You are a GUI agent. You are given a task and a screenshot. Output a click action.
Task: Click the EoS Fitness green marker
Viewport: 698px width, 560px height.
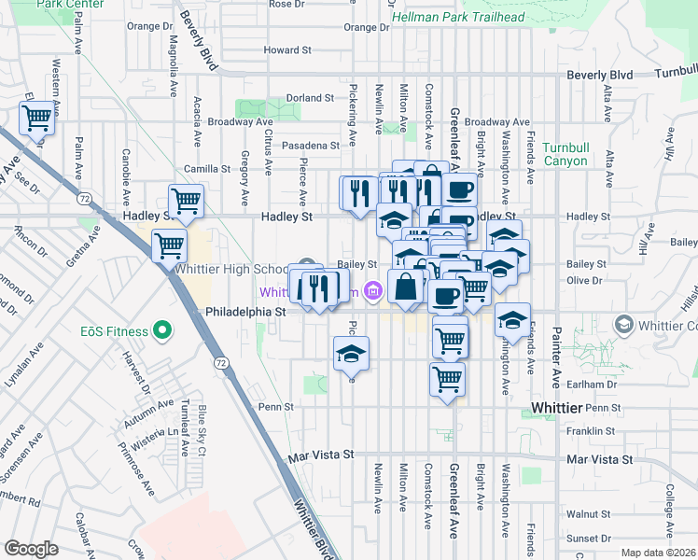[x=162, y=329]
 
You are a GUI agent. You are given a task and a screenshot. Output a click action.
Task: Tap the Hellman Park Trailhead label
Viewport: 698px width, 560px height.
[x=458, y=17]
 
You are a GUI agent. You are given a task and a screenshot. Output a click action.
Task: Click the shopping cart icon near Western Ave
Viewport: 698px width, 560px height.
[x=36, y=119]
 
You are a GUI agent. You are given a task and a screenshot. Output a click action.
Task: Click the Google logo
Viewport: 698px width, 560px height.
[x=31, y=549]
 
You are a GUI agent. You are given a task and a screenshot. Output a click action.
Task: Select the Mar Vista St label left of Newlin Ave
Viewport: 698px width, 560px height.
[x=322, y=455]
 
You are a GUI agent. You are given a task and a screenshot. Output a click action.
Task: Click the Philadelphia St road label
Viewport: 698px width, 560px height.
[x=244, y=311]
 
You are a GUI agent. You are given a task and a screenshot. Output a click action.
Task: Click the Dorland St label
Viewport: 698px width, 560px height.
[x=310, y=98]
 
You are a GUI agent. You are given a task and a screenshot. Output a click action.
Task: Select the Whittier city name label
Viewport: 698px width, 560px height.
[x=556, y=408]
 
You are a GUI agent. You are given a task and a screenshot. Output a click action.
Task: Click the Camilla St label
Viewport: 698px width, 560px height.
[x=206, y=169]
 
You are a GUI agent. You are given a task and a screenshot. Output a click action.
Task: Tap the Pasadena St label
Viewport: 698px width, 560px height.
[x=311, y=146]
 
